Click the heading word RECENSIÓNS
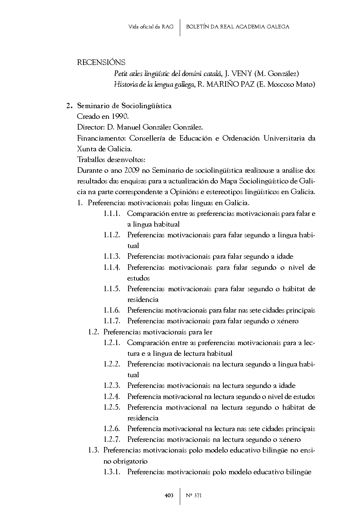tap(101, 62)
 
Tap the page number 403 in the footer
tap(169, 496)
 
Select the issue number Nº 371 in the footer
tap(194, 496)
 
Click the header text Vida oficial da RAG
tap(151, 27)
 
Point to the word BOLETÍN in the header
tap(198, 27)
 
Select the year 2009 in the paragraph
tap(132, 171)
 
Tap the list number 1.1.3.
tap(112, 257)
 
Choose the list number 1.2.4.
tap(112, 397)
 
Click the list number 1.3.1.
tap(112, 472)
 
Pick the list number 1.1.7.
tap(112, 321)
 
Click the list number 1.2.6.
tap(112, 429)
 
